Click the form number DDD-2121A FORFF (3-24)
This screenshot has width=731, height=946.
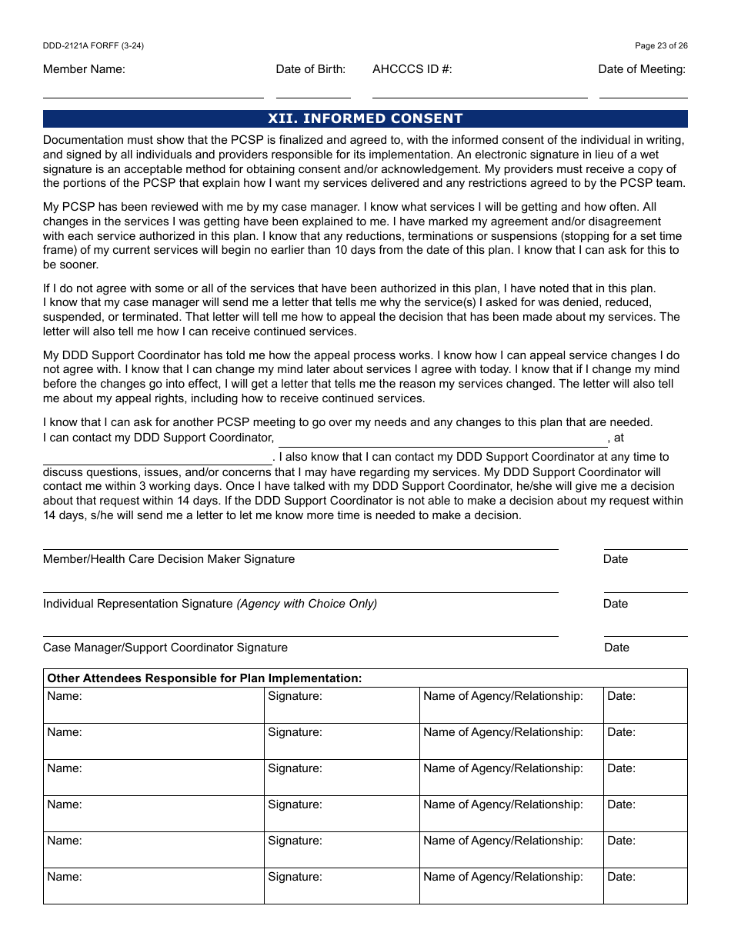[x=93, y=45]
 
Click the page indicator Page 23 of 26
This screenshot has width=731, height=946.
[x=661, y=45]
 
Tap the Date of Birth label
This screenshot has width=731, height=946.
[x=311, y=69]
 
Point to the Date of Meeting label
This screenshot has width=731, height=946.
[x=642, y=69]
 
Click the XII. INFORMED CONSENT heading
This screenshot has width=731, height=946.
[x=365, y=118]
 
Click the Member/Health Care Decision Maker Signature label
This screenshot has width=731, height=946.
[x=169, y=559]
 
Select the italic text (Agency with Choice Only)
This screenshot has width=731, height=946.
[x=306, y=604]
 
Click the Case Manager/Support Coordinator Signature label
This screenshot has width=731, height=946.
[x=165, y=648]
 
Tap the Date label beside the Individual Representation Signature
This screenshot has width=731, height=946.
[x=616, y=604]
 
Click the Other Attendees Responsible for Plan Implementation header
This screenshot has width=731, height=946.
[x=205, y=678]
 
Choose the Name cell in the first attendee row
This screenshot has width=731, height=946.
[x=154, y=705]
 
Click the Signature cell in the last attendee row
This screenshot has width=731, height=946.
[x=342, y=886]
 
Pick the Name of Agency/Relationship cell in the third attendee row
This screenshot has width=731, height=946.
[x=511, y=778]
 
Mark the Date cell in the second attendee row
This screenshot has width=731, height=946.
[x=645, y=741]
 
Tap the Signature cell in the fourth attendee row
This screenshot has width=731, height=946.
[x=342, y=814]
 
